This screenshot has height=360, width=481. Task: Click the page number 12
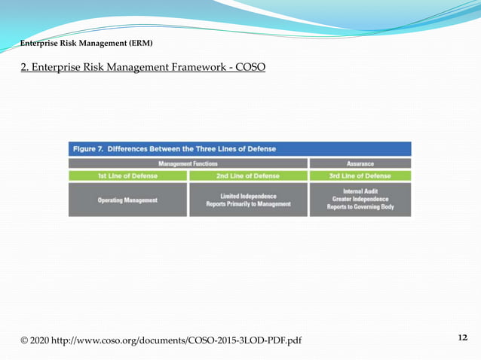coord(462,337)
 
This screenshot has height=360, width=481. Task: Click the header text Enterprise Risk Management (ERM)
coord(86,43)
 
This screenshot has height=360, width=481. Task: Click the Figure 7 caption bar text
coord(174,148)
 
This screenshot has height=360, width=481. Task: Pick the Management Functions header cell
coord(188,163)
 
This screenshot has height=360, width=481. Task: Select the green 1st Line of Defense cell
coord(127,176)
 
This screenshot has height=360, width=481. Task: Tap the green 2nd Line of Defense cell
coord(248,176)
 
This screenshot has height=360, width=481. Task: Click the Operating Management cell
coord(127,200)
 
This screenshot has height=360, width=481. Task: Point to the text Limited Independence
coord(248,196)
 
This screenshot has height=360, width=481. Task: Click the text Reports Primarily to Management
coord(248,205)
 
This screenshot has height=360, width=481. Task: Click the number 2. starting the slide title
coord(26,67)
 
